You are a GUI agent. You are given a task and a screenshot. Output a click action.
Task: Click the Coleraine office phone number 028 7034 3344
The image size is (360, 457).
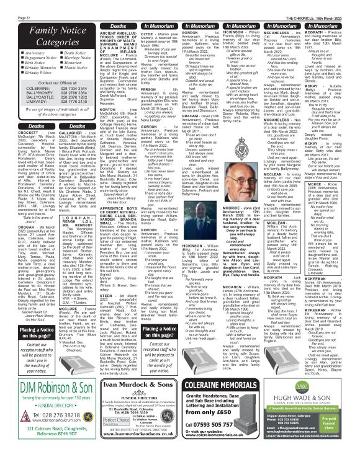coord(61,106)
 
